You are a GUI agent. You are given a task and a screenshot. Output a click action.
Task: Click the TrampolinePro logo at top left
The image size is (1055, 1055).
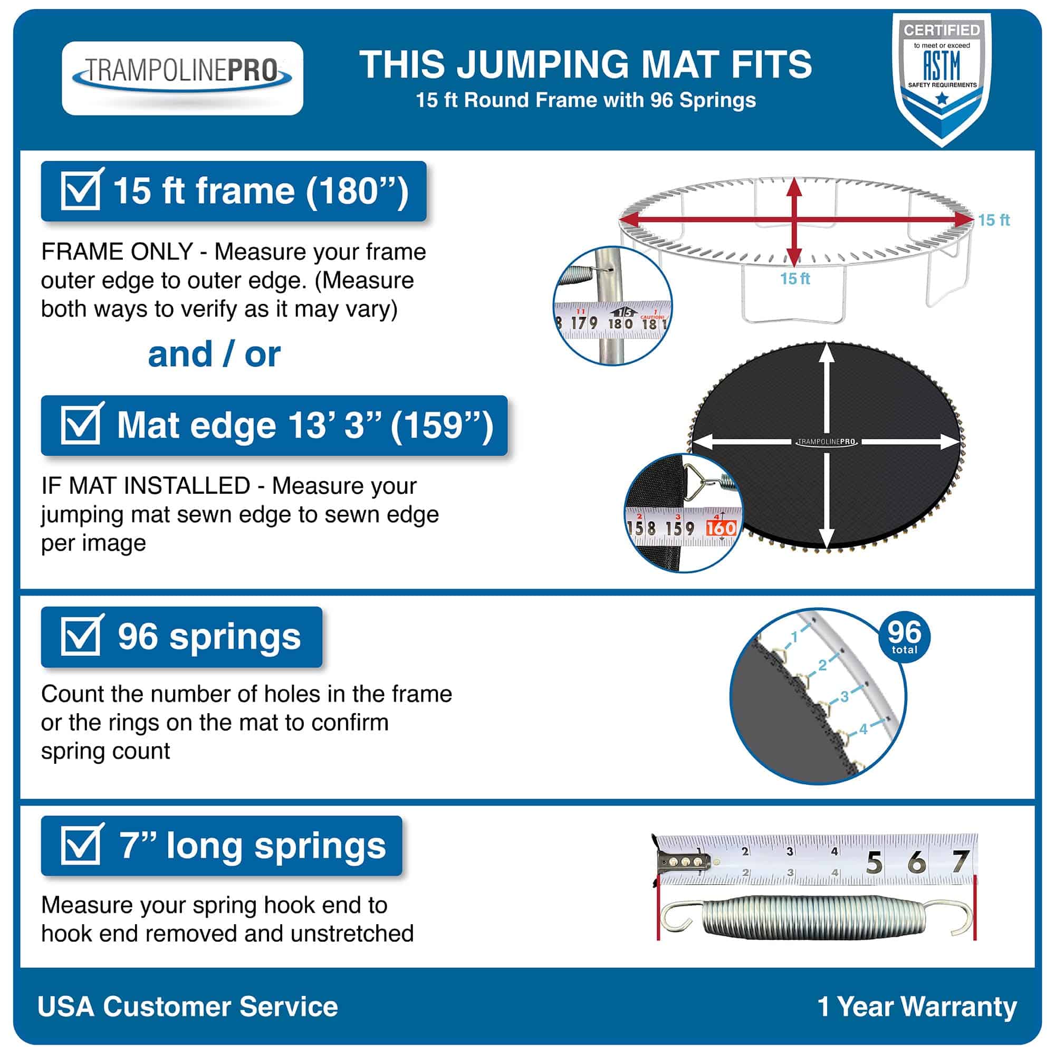[x=183, y=78]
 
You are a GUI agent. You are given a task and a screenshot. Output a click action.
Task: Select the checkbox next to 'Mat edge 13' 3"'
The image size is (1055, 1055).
[x=81, y=425]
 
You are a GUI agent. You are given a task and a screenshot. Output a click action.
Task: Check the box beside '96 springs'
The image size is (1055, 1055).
[x=81, y=636]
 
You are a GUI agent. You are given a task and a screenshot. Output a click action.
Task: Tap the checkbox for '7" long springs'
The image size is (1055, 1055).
[x=81, y=845]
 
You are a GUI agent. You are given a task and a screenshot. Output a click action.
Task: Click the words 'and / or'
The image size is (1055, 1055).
[x=214, y=354]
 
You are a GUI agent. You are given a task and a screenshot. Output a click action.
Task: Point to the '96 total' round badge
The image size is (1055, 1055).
[x=904, y=637]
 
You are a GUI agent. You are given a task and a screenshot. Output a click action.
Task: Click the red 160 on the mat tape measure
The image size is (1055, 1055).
[x=721, y=528]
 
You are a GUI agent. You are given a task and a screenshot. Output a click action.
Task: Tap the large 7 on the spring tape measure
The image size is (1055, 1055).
[x=960, y=862]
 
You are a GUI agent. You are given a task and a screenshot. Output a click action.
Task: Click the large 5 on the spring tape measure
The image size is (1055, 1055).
[x=874, y=864]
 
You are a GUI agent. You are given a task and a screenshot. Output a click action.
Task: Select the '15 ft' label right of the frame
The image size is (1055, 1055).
[x=993, y=220]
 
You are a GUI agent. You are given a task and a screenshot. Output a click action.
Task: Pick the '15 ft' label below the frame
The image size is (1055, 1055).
[x=794, y=279]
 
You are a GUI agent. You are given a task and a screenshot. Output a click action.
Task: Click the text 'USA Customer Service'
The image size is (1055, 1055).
[x=187, y=1006]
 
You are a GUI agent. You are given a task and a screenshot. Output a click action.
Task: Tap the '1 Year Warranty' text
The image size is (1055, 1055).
[x=917, y=1006]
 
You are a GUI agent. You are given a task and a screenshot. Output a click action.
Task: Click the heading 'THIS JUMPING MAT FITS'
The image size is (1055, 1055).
[x=586, y=64]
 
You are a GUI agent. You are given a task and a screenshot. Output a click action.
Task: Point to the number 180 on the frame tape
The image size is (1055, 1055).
[x=620, y=323]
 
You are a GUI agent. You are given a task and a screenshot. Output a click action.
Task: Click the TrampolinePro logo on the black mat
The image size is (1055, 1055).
[x=826, y=442]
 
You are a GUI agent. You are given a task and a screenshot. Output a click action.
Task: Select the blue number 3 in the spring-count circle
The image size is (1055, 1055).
[x=844, y=696]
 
